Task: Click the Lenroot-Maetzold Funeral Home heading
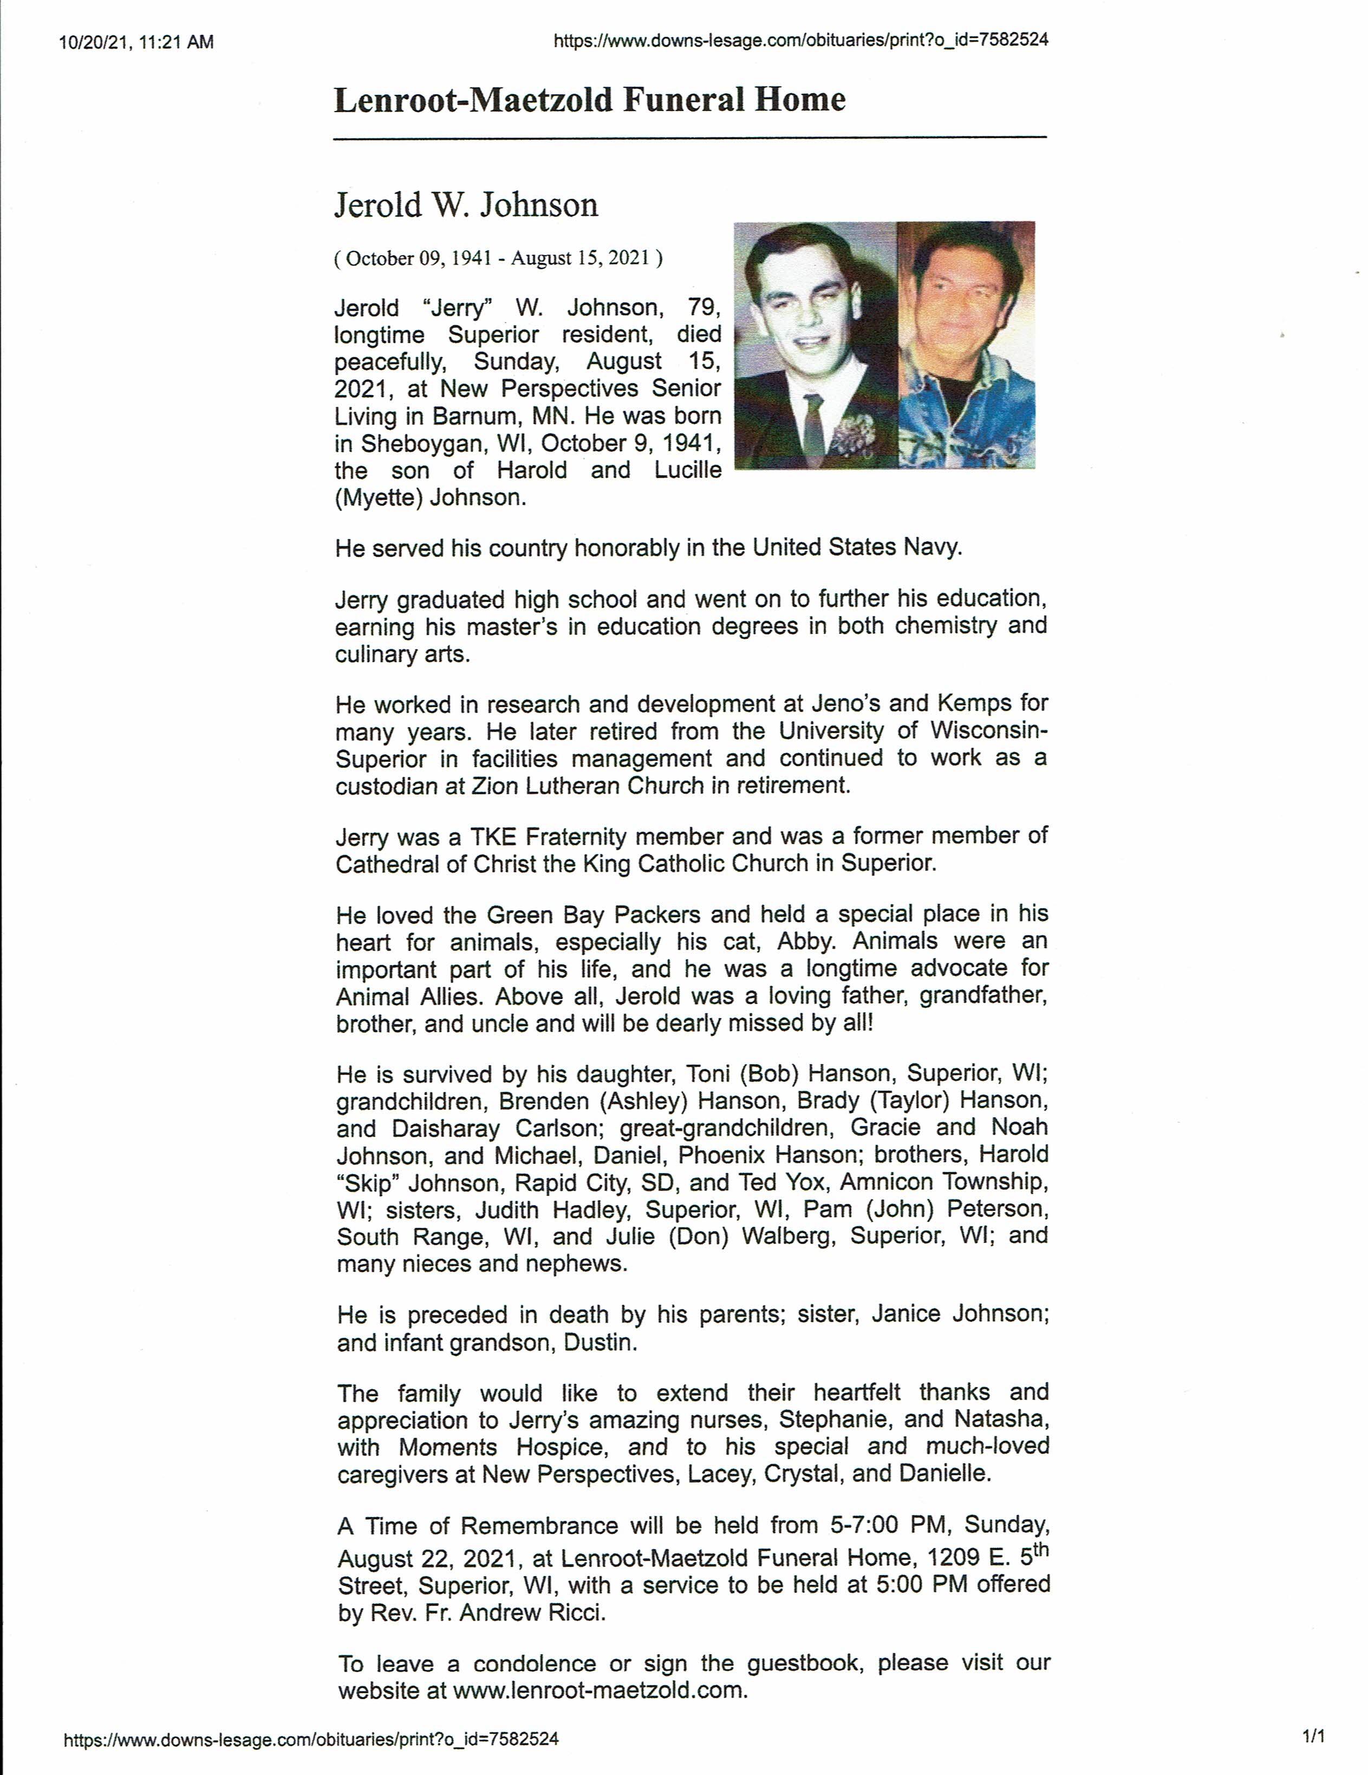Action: (590, 100)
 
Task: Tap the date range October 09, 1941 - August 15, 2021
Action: (498, 258)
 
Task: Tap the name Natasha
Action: (1001, 1419)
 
